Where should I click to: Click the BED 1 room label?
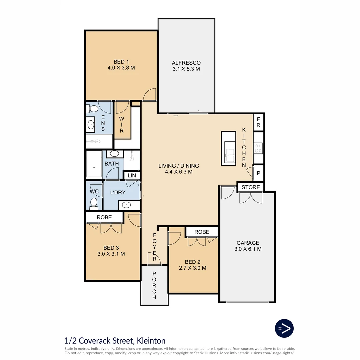click(x=121, y=62)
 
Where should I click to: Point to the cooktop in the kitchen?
click(x=258, y=148)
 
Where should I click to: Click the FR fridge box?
click(x=258, y=122)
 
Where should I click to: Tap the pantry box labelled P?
click(x=258, y=173)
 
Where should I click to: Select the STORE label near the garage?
click(x=251, y=187)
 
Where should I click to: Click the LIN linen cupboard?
click(x=132, y=175)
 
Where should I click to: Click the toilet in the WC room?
click(x=94, y=203)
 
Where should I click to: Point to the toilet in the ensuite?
click(x=92, y=109)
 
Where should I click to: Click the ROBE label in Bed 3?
click(x=104, y=217)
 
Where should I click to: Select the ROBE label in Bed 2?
click(x=202, y=232)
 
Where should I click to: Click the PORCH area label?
click(x=154, y=285)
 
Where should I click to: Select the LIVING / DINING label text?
click(x=178, y=166)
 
